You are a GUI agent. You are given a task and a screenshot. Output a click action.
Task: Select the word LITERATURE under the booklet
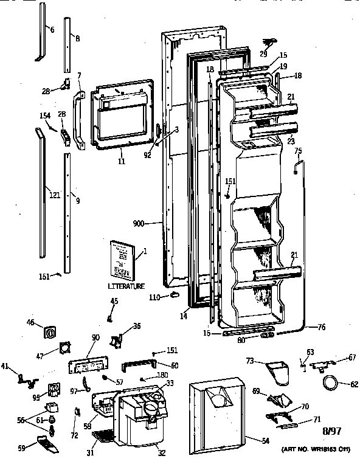[x=126, y=286]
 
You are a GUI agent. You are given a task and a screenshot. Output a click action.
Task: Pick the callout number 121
[x=54, y=195]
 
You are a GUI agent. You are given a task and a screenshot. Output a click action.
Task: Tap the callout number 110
[x=156, y=297]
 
